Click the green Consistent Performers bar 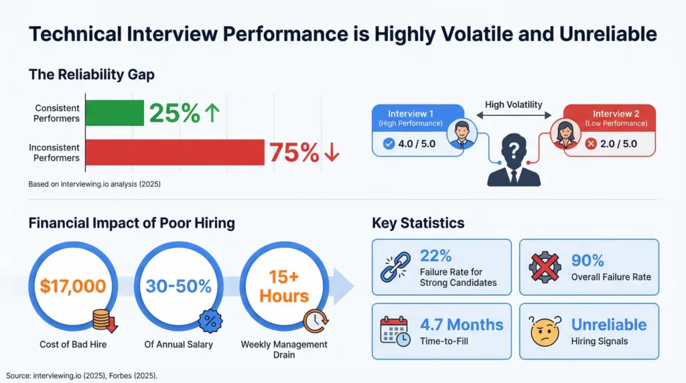(x=115, y=113)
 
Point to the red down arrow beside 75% (x=331, y=153)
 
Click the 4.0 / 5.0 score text (x=415, y=143)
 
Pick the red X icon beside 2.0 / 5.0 (x=590, y=143)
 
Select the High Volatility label (x=514, y=104)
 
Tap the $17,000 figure (x=73, y=287)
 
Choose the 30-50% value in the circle (x=178, y=287)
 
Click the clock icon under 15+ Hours (x=314, y=321)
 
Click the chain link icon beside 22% (x=396, y=266)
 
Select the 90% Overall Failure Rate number (x=588, y=260)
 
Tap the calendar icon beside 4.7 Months (x=395, y=331)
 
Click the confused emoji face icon (x=545, y=331)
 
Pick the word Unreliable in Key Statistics (x=608, y=325)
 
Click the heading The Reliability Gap (x=91, y=74)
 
